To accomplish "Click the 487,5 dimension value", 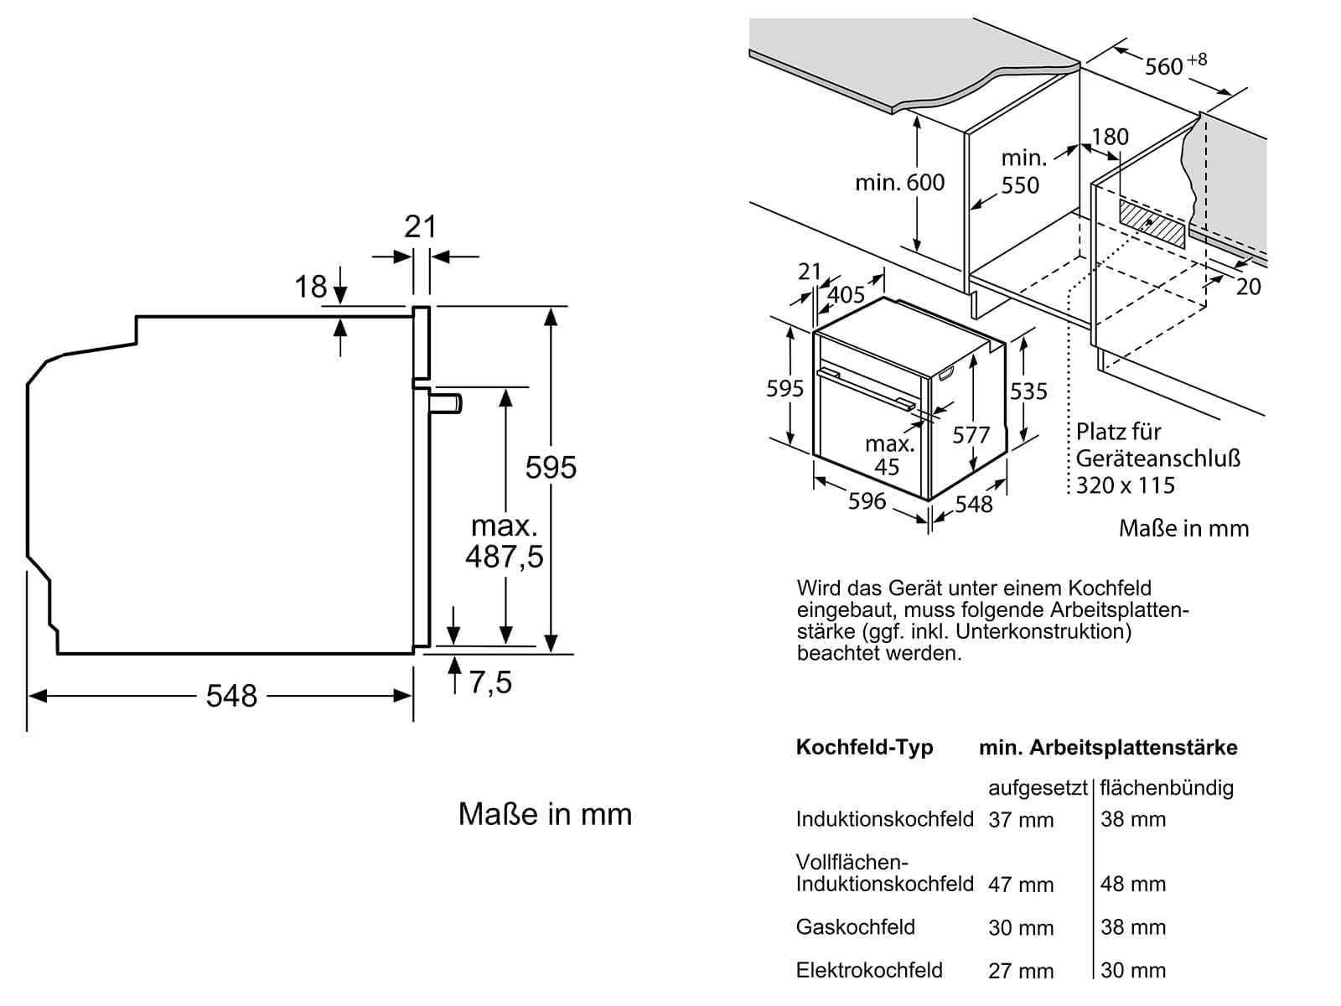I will pyautogui.click(x=505, y=557).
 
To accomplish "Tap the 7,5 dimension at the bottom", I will pyautogui.click(x=490, y=682).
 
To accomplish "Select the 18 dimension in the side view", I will pyautogui.click(x=310, y=287).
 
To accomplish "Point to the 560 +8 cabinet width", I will pyautogui.click(x=1175, y=64).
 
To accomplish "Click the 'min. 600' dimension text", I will pyautogui.click(x=899, y=182).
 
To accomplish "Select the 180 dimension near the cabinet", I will pyautogui.click(x=1110, y=137).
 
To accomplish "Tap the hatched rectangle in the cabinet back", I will pyautogui.click(x=1152, y=222).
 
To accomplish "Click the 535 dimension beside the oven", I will pyautogui.click(x=1028, y=392).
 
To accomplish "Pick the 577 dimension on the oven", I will pyautogui.click(x=971, y=434).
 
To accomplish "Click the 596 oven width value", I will pyautogui.click(x=867, y=500).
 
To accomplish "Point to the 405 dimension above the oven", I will pyautogui.click(x=846, y=294).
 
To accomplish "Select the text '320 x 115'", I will pyautogui.click(x=1126, y=485).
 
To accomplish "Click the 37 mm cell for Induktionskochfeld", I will pyautogui.click(x=1021, y=820).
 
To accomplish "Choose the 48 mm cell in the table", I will pyautogui.click(x=1133, y=884).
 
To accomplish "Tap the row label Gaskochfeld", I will pyautogui.click(x=855, y=927).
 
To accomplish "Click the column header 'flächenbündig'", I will pyautogui.click(x=1167, y=787).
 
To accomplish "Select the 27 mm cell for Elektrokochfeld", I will pyautogui.click(x=1021, y=971).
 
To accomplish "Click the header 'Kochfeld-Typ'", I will pyautogui.click(x=864, y=747).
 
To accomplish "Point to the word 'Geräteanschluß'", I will pyautogui.click(x=1157, y=459).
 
